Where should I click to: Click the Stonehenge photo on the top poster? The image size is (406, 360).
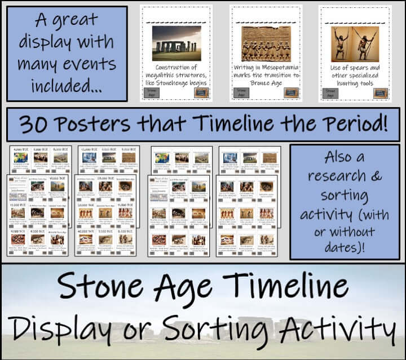coord(176,43)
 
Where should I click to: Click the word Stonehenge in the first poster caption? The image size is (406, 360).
coord(180,82)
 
